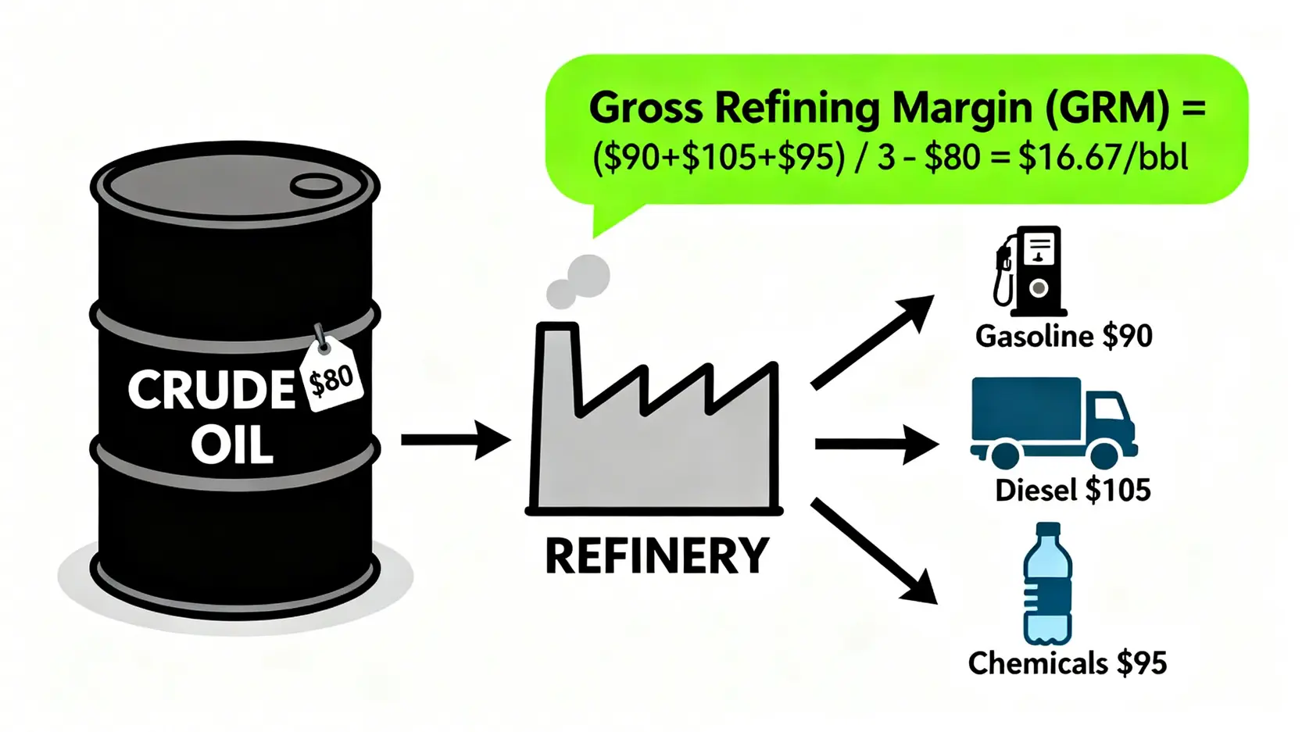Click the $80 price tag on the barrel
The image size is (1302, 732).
[x=331, y=379]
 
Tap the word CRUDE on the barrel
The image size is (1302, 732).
[x=211, y=389]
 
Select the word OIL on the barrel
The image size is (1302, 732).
[x=232, y=446]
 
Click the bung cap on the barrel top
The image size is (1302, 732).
[x=316, y=185]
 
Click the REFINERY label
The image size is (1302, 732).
[x=656, y=556]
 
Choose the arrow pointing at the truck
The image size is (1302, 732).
[x=875, y=444]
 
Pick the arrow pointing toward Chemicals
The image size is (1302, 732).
[x=874, y=552]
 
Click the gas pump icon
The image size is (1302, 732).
[x=1030, y=270]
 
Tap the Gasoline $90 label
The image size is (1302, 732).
[x=1063, y=336]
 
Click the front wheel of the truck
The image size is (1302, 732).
[x=1104, y=455]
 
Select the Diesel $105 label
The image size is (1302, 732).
[x=1072, y=491]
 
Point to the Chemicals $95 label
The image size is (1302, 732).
[x=1067, y=663]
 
